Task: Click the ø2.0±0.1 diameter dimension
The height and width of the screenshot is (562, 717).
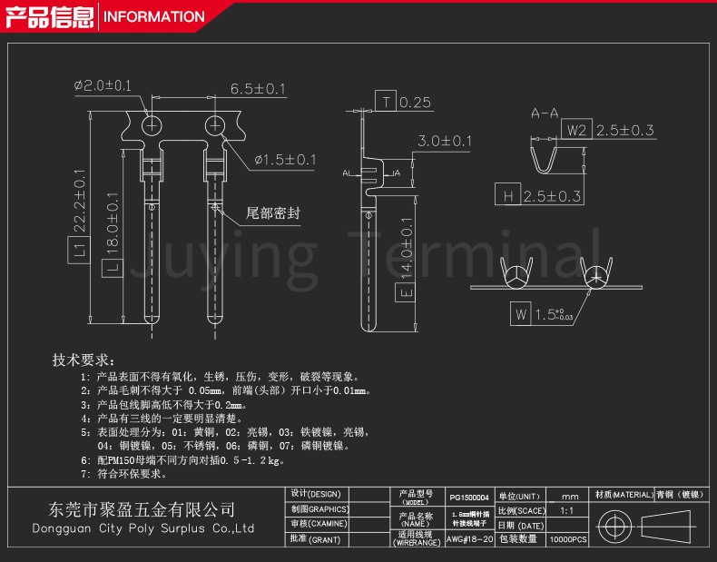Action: pyautogui.click(x=103, y=85)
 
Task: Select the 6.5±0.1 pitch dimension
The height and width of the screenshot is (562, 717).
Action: pyautogui.click(x=258, y=88)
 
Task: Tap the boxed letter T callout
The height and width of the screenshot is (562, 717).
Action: pyautogui.click(x=388, y=102)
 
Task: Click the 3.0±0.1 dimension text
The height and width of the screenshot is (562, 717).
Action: pyautogui.click(x=445, y=141)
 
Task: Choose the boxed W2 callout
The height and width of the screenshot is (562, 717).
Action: pyautogui.click(x=578, y=131)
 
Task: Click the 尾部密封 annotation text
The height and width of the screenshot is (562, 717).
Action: pyautogui.click(x=273, y=214)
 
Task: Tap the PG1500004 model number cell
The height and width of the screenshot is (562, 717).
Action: pyautogui.click(x=469, y=498)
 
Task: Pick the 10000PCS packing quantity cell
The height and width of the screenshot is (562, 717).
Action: pyautogui.click(x=568, y=539)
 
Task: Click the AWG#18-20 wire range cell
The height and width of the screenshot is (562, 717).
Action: pyautogui.click(x=469, y=539)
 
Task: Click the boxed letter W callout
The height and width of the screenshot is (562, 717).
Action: pyautogui.click(x=520, y=315)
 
